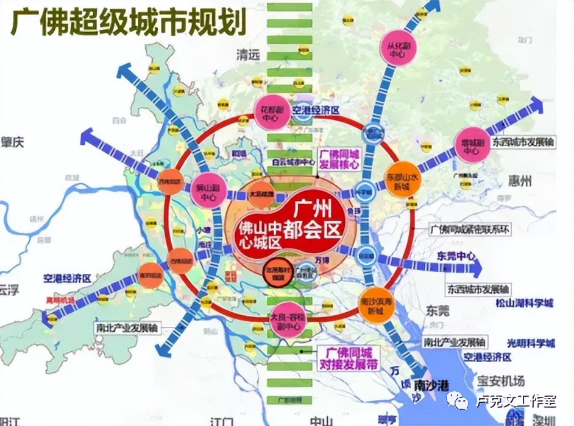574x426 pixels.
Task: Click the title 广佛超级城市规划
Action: click(129, 24)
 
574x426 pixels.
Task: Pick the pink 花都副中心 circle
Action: click(270, 113)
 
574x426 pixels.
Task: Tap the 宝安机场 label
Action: click(500, 382)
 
